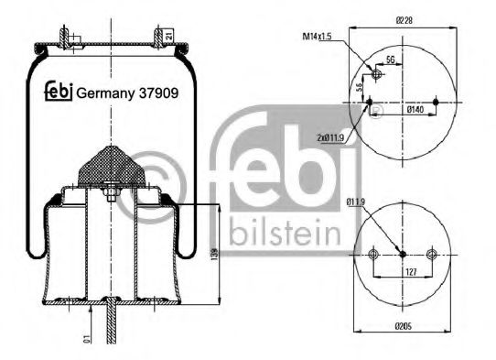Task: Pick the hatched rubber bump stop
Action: [109, 166]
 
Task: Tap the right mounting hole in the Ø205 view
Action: [432, 254]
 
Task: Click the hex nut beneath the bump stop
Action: [109, 192]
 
